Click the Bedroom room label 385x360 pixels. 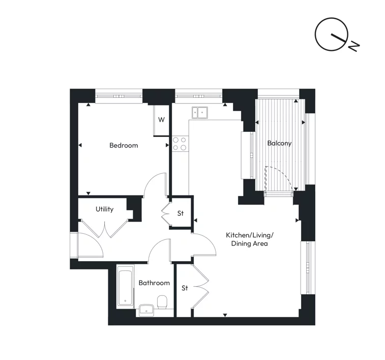(x=124, y=146)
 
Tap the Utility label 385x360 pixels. (x=104, y=209)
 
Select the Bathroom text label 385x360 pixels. (x=154, y=283)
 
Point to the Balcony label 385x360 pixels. (x=280, y=144)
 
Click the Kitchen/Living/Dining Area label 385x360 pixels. (x=250, y=239)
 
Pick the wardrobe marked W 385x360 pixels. (x=161, y=120)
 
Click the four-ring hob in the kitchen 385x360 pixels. (x=179, y=144)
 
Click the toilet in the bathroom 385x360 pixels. (x=163, y=303)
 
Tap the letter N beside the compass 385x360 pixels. (x=354, y=46)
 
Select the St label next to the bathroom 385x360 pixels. (x=185, y=288)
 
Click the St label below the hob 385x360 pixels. (x=180, y=213)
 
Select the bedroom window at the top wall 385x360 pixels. (x=119, y=95)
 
